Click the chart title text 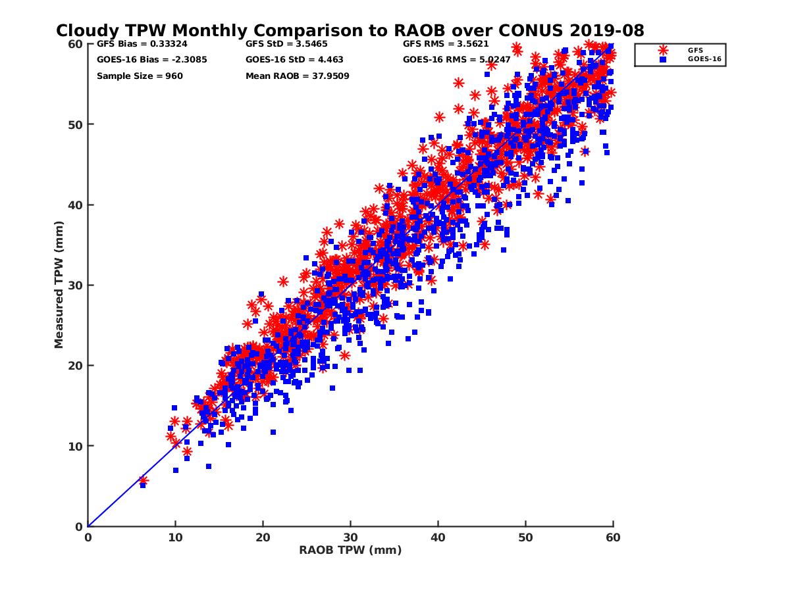(350, 30)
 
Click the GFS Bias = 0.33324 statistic (138, 44)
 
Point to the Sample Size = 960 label (140, 76)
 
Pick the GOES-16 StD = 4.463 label (294, 60)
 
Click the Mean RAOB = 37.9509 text (297, 76)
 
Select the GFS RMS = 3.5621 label (445, 44)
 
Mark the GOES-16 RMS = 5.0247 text (454, 60)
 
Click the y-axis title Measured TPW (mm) (59, 285)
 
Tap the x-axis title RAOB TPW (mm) (350, 550)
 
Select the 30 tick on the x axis (350, 537)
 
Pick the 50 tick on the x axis (525, 537)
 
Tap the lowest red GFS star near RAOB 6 (143, 481)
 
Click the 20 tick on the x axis (263, 537)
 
